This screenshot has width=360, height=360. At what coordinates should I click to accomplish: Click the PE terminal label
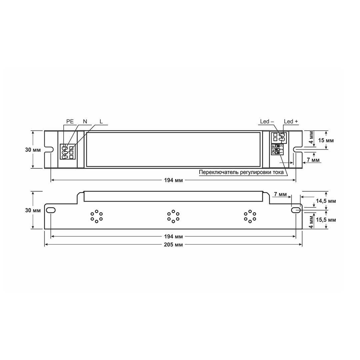pyautogui.click(x=70, y=121)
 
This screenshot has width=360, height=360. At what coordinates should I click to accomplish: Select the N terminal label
pyautogui.click(x=85, y=121)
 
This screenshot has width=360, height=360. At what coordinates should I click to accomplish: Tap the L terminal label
pyautogui.click(x=101, y=121)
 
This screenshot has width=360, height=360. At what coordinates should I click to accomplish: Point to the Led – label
pyautogui.click(x=267, y=121)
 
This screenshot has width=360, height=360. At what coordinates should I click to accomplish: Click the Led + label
pyautogui.click(x=291, y=121)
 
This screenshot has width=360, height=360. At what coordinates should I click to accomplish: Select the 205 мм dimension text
pyautogui.click(x=173, y=245)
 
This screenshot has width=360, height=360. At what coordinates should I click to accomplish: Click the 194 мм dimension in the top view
pyautogui.click(x=173, y=180)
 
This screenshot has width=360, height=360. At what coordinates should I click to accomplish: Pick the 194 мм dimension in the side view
pyautogui.click(x=173, y=236)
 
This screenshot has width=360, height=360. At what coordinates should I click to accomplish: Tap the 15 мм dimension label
pyautogui.click(x=326, y=140)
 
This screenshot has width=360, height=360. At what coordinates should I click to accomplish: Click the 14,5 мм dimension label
pyautogui.click(x=326, y=201)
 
